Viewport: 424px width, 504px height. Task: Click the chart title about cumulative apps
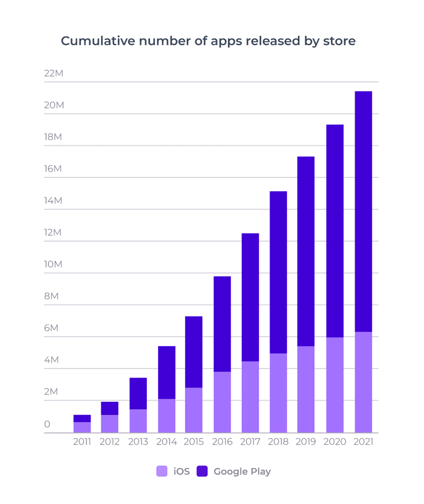208,41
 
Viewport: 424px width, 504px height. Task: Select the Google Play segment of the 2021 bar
363,212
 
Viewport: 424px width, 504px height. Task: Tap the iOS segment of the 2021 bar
363,382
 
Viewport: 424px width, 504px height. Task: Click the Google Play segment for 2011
82,418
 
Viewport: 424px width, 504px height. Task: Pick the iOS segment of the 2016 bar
222,402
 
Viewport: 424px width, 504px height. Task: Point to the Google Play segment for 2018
278,272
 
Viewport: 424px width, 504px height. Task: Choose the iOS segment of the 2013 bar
138,421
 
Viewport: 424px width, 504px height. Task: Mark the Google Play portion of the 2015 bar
194,352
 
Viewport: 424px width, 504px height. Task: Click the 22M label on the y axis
54,73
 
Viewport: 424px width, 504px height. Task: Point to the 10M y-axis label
54,264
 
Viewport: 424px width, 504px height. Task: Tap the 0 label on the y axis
47,424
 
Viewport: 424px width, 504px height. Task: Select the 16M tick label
54,169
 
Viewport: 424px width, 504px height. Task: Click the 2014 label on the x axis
166,442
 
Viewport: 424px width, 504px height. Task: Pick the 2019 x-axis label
306,442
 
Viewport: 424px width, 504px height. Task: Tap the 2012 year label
110,442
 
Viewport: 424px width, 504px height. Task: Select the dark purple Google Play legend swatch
202,471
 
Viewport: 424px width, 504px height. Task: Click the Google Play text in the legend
242,471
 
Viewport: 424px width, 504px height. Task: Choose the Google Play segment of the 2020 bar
334,231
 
